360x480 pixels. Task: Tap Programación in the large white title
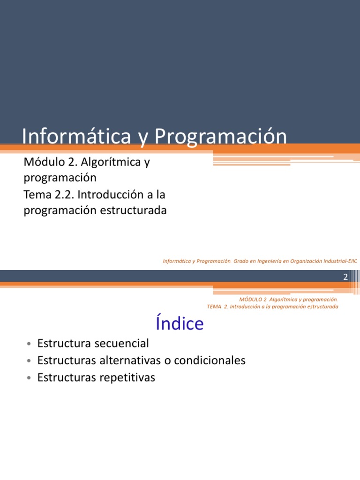(x=220, y=137)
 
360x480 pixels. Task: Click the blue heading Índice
(x=180, y=323)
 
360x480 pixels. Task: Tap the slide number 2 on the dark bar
(x=345, y=277)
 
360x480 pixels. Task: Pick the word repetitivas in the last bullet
(x=127, y=377)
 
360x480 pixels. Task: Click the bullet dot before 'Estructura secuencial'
(x=29, y=345)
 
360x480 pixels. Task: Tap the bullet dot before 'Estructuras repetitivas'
(x=29, y=378)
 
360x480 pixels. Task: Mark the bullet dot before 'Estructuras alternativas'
(x=29, y=361)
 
